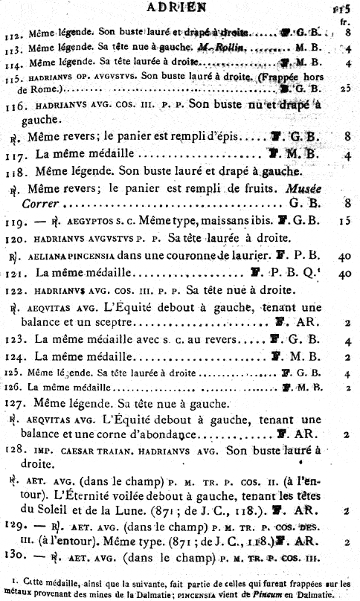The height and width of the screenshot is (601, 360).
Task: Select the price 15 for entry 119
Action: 346,221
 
